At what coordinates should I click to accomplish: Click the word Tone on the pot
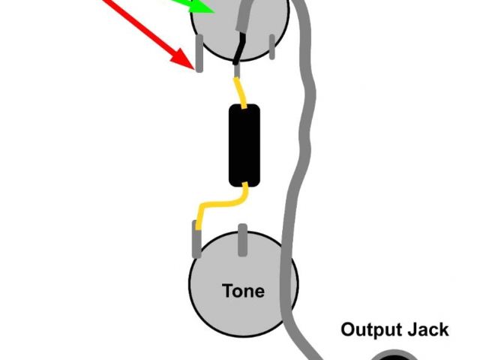pyautogui.click(x=243, y=290)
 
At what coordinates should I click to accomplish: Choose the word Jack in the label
pyautogui.click(x=429, y=329)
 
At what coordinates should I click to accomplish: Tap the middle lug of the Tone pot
pyautogui.click(x=242, y=238)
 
